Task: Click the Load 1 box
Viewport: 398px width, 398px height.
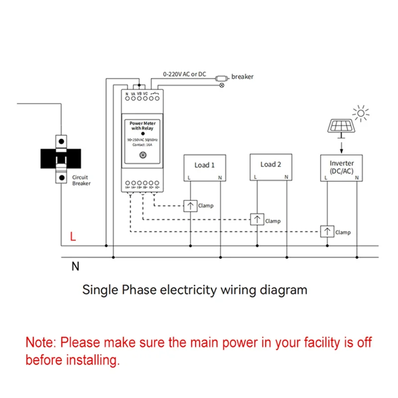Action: [x=204, y=167]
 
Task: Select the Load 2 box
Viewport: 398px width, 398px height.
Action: [x=271, y=167]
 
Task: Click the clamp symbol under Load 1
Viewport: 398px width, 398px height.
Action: [x=190, y=205]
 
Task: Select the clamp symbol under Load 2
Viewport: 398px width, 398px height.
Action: [x=257, y=219]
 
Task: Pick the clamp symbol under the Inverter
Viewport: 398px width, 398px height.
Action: [x=327, y=232]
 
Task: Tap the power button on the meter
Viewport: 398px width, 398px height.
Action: [x=143, y=155]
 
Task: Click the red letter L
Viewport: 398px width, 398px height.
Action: [x=73, y=237]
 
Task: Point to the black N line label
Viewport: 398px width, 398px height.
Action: [x=75, y=267]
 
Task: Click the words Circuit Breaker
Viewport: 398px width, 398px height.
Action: [x=81, y=180]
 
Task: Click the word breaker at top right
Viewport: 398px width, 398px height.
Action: [x=242, y=77]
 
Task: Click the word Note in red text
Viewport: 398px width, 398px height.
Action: [x=41, y=342]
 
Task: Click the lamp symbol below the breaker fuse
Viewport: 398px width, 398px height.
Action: [x=222, y=86]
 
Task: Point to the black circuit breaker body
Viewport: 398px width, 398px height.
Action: [x=60, y=158]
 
